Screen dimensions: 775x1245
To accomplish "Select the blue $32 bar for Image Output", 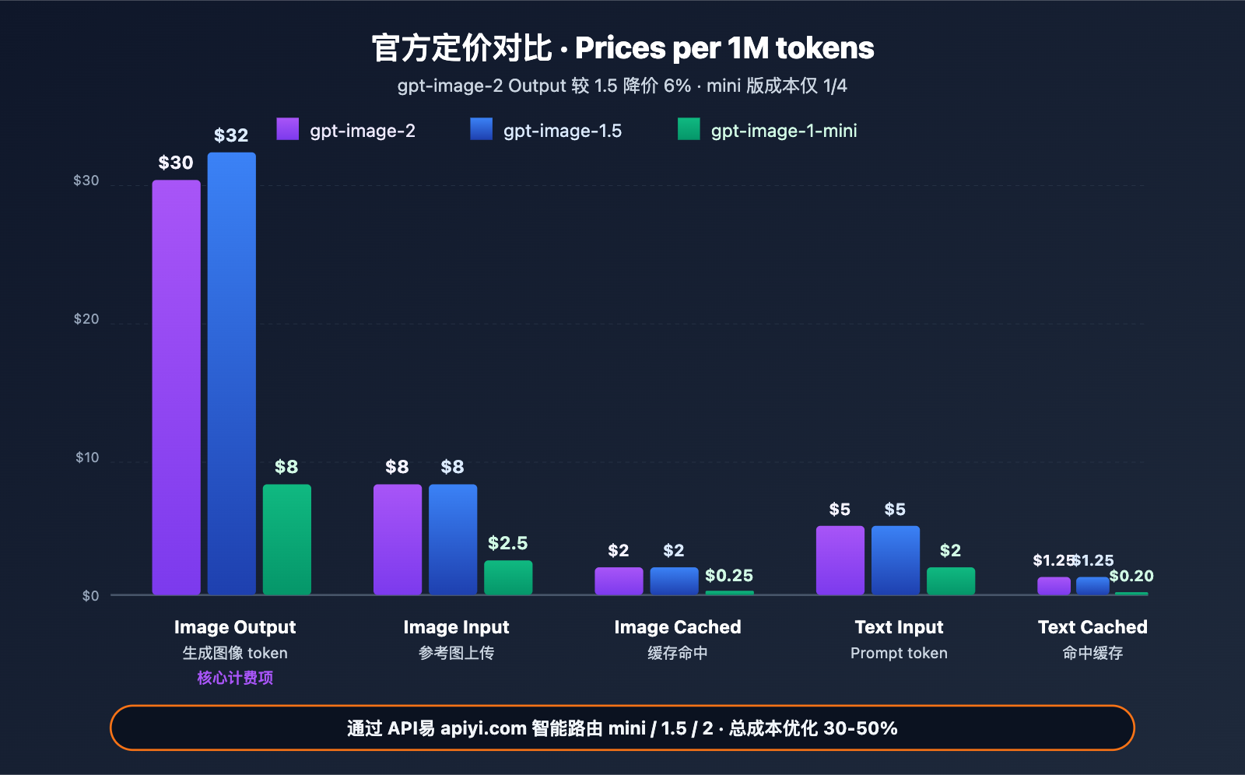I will pyautogui.click(x=231, y=373).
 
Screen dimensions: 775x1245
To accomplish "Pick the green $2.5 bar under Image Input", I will pyautogui.click(x=508, y=577).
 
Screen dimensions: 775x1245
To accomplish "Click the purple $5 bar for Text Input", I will pyautogui.click(x=840, y=560).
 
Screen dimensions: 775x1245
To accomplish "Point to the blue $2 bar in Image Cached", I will pyautogui.click(x=674, y=580).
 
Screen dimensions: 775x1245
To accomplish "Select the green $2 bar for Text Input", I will pyautogui.click(x=950, y=580).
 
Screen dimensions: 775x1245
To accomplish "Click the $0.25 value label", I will pyautogui.click(x=728, y=576).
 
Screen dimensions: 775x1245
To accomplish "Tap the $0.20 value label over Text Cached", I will pyautogui.click(x=1131, y=577).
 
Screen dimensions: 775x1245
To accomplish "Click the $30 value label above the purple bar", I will pyautogui.click(x=176, y=163).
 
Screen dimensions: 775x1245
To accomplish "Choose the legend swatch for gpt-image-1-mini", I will pyautogui.click(x=689, y=129).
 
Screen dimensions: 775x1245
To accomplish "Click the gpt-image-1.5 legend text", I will pyautogui.click(x=562, y=131).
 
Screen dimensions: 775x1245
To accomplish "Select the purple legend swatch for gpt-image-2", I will pyautogui.click(x=287, y=129).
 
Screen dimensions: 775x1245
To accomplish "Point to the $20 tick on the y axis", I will pyautogui.click(x=86, y=319).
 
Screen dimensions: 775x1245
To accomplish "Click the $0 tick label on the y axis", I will pyautogui.click(x=90, y=596).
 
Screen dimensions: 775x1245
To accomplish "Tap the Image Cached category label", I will pyautogui.click(x=677, y=627).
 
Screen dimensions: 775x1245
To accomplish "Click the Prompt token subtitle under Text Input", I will pyautogui.click(x=899, y=654).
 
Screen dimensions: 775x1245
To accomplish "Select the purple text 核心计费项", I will pyautogui.click(x=235, y=678).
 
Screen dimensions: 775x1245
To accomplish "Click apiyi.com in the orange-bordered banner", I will pyautogui.click(x=483, y=729).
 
